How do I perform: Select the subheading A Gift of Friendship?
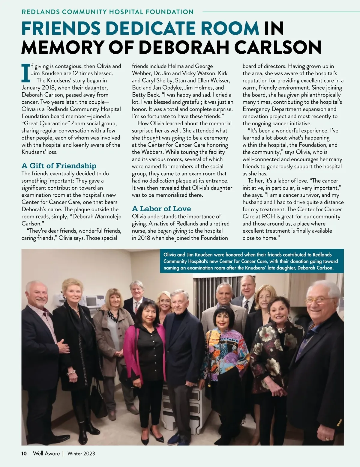59,166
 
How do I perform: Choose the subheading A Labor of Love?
161,209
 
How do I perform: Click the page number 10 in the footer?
24,454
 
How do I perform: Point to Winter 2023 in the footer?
81,454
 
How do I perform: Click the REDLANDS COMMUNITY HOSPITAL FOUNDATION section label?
107,12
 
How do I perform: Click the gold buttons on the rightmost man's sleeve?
339,421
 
